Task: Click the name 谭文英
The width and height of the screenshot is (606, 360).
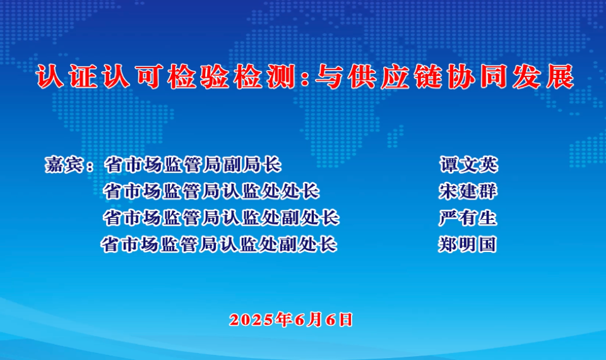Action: pyautogui.click(x=469, y=165)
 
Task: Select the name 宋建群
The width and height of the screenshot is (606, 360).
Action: pyautogui.click(x=468, y=191)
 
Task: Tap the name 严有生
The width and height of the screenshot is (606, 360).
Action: pyautogui.click(x=468, y=218)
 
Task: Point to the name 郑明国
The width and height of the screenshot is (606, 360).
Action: pyautogui.click(x=467, y=244)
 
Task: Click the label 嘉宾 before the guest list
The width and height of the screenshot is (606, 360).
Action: pyautogui.click(x=64, y=165)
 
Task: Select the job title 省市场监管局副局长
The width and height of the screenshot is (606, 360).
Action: pyautogui.click(x=193, y=165)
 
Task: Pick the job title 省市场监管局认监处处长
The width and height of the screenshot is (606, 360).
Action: pyautogui.click(x=211, y=191)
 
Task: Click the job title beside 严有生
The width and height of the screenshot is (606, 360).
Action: pyautogui.click(x=221, y=218)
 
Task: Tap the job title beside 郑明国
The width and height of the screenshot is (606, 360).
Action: pyautogui.click(x=219, y=244)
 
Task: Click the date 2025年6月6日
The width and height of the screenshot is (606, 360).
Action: pyautogui.click(x=291, y=320)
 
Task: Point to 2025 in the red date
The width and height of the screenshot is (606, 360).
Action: pyautogui.click(x=252, y=320)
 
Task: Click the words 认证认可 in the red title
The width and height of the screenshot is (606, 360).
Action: pyautogui.click(x=99, y=76)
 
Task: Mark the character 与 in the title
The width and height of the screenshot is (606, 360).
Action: pyautogui.click(x=329, y=76)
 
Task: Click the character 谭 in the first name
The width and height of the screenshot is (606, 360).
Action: pyautogui.click(x=449, y=165)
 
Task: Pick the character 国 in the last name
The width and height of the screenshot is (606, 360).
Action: pyautogui.click(x=487, y=244)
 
